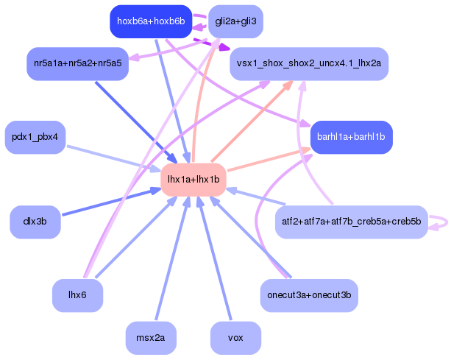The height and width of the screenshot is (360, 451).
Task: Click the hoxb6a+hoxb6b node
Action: (151, 21)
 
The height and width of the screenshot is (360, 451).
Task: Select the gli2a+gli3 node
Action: (235, 21)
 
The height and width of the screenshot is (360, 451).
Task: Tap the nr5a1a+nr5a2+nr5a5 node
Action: (78, 63)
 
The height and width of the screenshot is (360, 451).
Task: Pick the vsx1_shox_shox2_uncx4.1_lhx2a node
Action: (309, 63)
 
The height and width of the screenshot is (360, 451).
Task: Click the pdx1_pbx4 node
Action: (35, 137)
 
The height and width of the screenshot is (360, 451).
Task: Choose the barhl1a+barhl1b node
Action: (351, 137)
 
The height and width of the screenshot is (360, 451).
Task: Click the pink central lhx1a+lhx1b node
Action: (193, 180)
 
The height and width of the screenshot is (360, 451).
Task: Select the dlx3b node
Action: (35, 222)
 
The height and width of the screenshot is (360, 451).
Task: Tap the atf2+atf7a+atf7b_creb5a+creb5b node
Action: (351, 222)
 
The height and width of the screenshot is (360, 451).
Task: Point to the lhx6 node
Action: (78, 295)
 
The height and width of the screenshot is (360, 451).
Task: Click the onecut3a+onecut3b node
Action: (309, 295)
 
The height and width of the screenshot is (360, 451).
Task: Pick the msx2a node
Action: (151, 338)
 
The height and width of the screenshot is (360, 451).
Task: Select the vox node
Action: (235, 338)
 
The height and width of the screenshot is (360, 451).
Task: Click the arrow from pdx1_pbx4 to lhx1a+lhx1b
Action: (113, 158)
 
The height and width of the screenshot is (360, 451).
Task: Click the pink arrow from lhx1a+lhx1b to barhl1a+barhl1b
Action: (269, 160)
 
